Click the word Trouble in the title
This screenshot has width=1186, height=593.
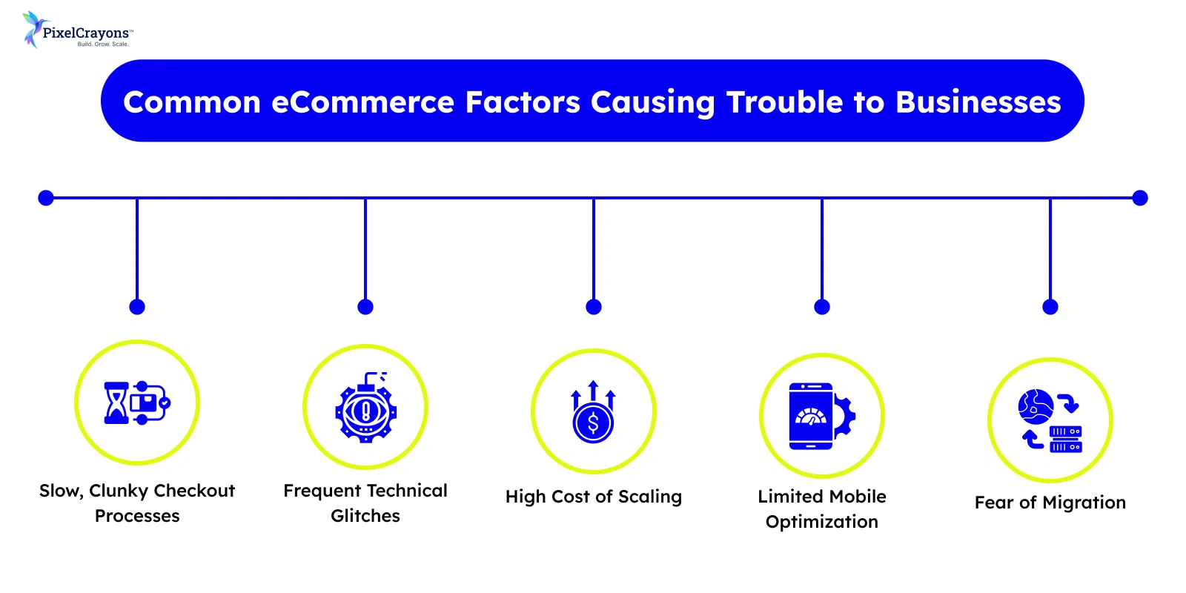[784, 102]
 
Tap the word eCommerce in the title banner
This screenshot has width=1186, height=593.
[362, 102]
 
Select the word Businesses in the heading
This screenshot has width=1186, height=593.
[978, 102]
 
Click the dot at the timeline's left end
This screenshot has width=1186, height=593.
[46, 198]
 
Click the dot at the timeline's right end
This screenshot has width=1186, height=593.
[1140, 198]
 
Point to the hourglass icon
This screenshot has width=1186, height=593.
[116, 403]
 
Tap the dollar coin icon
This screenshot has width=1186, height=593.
[593, 423]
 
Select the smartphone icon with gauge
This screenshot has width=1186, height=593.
[810, 416]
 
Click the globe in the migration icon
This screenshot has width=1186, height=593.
[1035, 406]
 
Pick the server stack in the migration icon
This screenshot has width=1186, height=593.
[1065, 439]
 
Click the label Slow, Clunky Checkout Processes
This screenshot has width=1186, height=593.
[137, 503]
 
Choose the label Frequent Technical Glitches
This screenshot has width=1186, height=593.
[365, 503]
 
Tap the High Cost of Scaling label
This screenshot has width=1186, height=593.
[593, 497]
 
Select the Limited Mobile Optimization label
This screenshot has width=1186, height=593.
[821, 509]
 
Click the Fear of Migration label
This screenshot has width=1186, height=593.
[1050, 503]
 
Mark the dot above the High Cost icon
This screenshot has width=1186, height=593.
[594, 307]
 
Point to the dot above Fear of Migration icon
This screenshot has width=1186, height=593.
[1050, 307]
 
